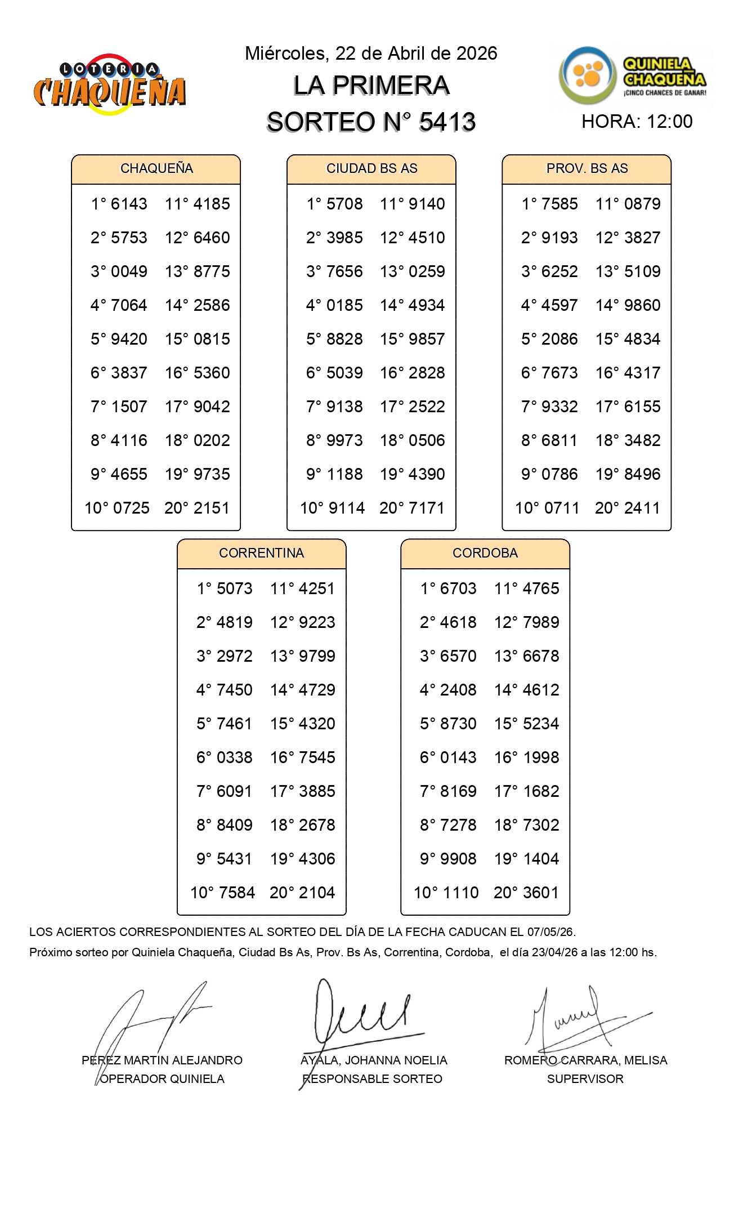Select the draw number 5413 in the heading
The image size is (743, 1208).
coord(447,122)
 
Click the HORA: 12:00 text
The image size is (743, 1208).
coord(637,122)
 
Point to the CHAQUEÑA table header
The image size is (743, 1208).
coord(156,168)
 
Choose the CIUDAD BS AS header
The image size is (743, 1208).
coord(371,168)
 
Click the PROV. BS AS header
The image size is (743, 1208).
coord(587,168)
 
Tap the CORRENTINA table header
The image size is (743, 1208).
coord(261,553)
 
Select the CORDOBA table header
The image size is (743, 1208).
coord(485,553)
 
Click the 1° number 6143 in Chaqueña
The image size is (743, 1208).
coord(129,204)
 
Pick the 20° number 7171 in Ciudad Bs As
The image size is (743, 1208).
coord(427,508)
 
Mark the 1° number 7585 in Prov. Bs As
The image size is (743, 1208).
coord(560,204)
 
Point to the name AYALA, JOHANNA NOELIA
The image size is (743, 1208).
coord(374,1060)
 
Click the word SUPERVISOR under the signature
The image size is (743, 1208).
coord(585,1079)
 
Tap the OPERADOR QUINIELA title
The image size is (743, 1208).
coord(162,1079)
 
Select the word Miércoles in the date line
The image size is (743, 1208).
coord(286,54)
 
